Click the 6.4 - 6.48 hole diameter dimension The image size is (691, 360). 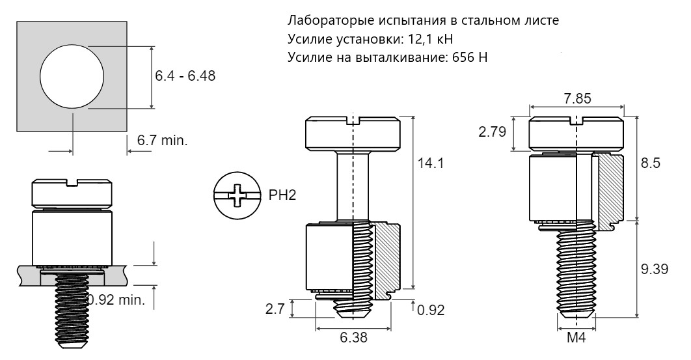tap(185, 76)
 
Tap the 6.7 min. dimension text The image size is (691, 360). tap(162, 141)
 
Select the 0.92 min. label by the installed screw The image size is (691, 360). tap(116, 300)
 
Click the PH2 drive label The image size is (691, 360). tap(282, 195)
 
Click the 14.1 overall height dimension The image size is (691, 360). tap(431, 163)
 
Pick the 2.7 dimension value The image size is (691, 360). tap(275, 309)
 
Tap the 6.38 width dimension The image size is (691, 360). tap(353, 337)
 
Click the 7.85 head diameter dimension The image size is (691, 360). tap(577, 98)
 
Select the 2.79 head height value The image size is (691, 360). tap(493, 132)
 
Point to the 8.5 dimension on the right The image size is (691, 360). tap(651, 163)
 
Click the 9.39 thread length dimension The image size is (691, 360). tap(655, 269)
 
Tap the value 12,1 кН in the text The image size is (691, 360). tap(428, 39)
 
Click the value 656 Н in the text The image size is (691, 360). tap(470, 57)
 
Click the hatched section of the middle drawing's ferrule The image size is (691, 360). tap(387, 260)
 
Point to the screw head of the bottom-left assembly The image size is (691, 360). tap(71, 193)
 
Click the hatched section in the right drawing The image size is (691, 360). tap(610, 189)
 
